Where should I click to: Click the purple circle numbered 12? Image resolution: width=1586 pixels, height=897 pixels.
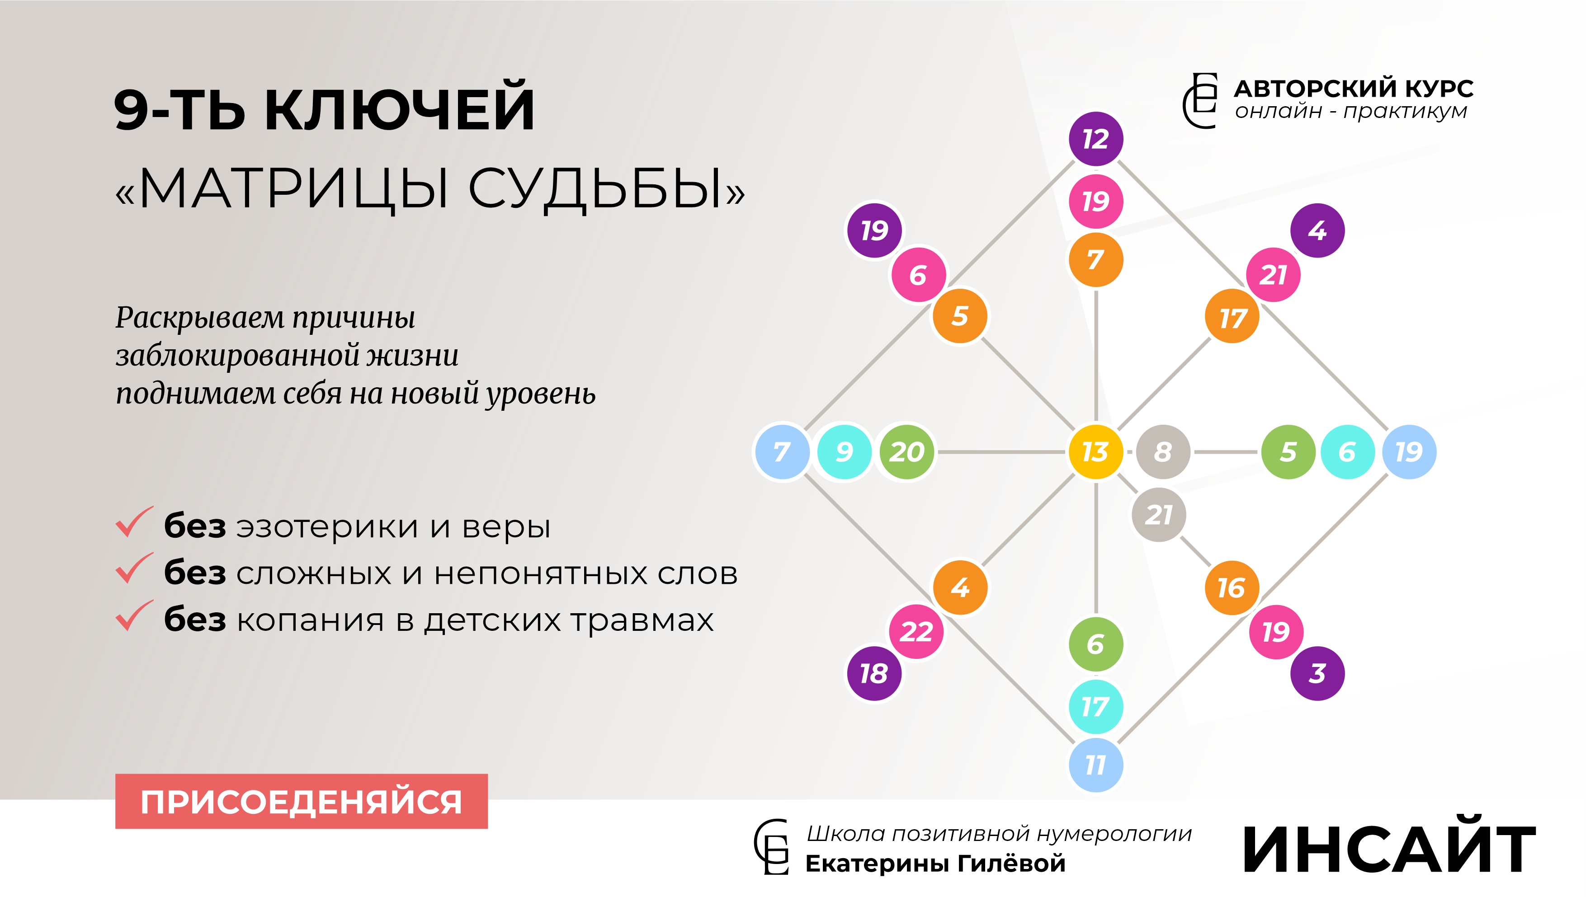point(1095,139)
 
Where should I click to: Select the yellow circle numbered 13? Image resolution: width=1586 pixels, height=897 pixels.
point(1095,451)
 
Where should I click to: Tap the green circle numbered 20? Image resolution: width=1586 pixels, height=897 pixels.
point(906,451)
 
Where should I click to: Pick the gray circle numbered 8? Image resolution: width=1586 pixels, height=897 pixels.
point(1163,451)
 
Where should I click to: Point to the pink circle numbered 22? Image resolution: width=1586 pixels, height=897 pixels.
point(916,631)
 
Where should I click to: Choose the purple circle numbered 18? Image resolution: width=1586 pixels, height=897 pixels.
point(874,673)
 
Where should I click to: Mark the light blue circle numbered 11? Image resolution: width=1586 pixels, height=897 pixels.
point(1095,765)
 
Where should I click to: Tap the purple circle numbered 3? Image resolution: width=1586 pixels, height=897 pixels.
point(1317,673)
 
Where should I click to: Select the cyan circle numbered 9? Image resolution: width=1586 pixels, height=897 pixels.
point(844,451)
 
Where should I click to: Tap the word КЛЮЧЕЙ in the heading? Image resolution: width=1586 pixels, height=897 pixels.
point(400,109)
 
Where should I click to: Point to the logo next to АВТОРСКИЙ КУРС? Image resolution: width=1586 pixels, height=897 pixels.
point(1200,100)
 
